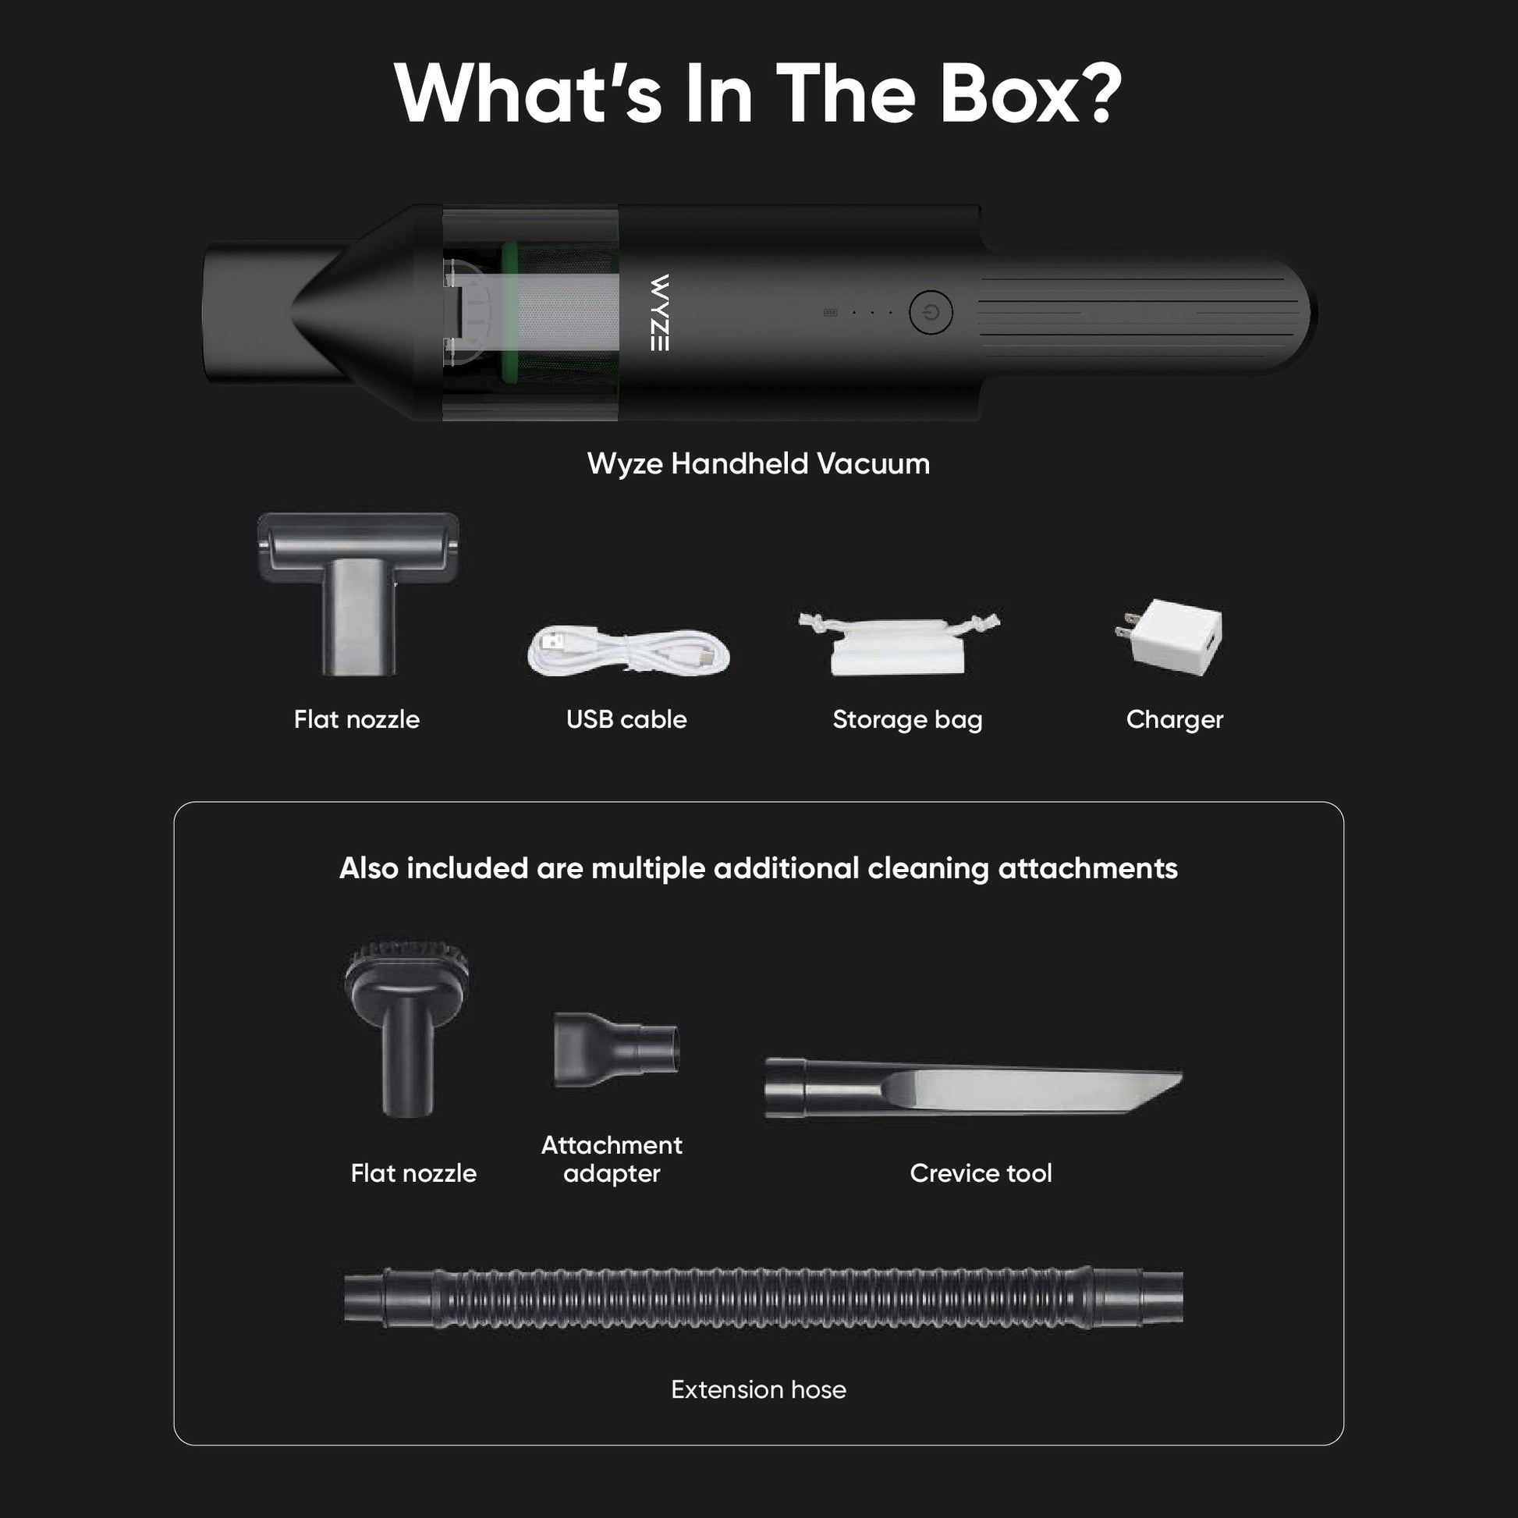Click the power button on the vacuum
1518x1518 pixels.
click(931, 312)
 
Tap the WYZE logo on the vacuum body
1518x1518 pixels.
click(660, 312)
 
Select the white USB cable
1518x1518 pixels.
click(629, 651)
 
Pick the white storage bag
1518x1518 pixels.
click(899, 644)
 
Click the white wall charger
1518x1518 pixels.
click(1169, 637)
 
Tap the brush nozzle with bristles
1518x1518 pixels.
click(409, 1026)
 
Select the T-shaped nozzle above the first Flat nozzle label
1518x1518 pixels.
click(358, 593)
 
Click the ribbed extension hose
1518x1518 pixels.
click(763, 1297)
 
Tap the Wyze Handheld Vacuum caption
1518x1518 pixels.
click(758, 463)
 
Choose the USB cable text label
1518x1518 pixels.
click(626, 719)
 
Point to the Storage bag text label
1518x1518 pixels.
click(907, 720)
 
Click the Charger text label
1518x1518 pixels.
click(1175, 720)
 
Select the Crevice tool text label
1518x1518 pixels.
click(981, 1173)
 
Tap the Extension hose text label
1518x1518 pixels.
click(758, 1389)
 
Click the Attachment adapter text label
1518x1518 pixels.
click(612, 1159)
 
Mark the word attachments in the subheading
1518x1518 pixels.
click(1087, 868)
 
